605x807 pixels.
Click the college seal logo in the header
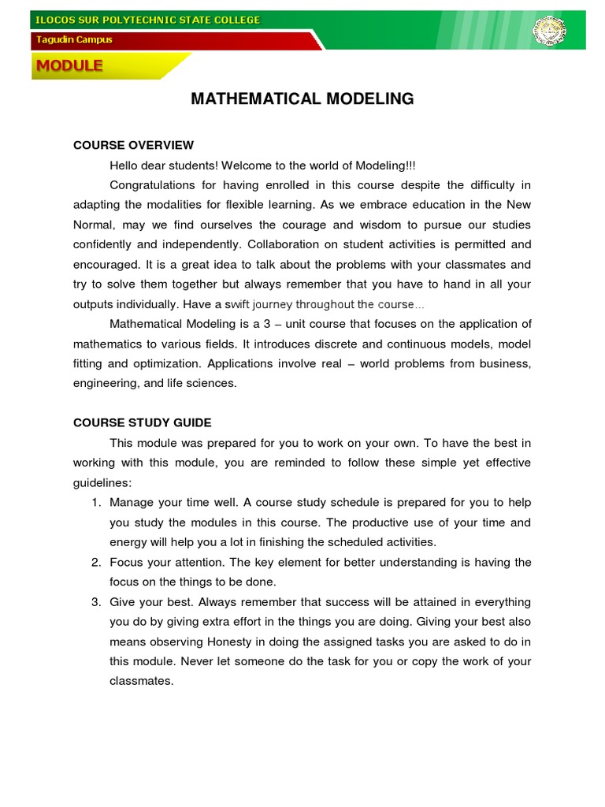tap(549, 31)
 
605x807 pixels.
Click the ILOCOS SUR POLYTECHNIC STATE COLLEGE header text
tap(147, 20)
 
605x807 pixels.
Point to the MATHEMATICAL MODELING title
tap(302, 99)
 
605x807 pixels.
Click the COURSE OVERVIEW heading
tap(133, 145)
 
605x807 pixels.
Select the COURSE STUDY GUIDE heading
tap(142, 422)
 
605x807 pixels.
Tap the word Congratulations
tap(152, 185)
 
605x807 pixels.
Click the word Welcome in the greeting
tap(246, 165)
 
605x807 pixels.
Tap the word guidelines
tap(102, 482)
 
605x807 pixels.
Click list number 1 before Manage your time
tap(95, 502)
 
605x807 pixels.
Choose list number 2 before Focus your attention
tap(95, 562)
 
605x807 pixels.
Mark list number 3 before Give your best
tap(95, 601)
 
